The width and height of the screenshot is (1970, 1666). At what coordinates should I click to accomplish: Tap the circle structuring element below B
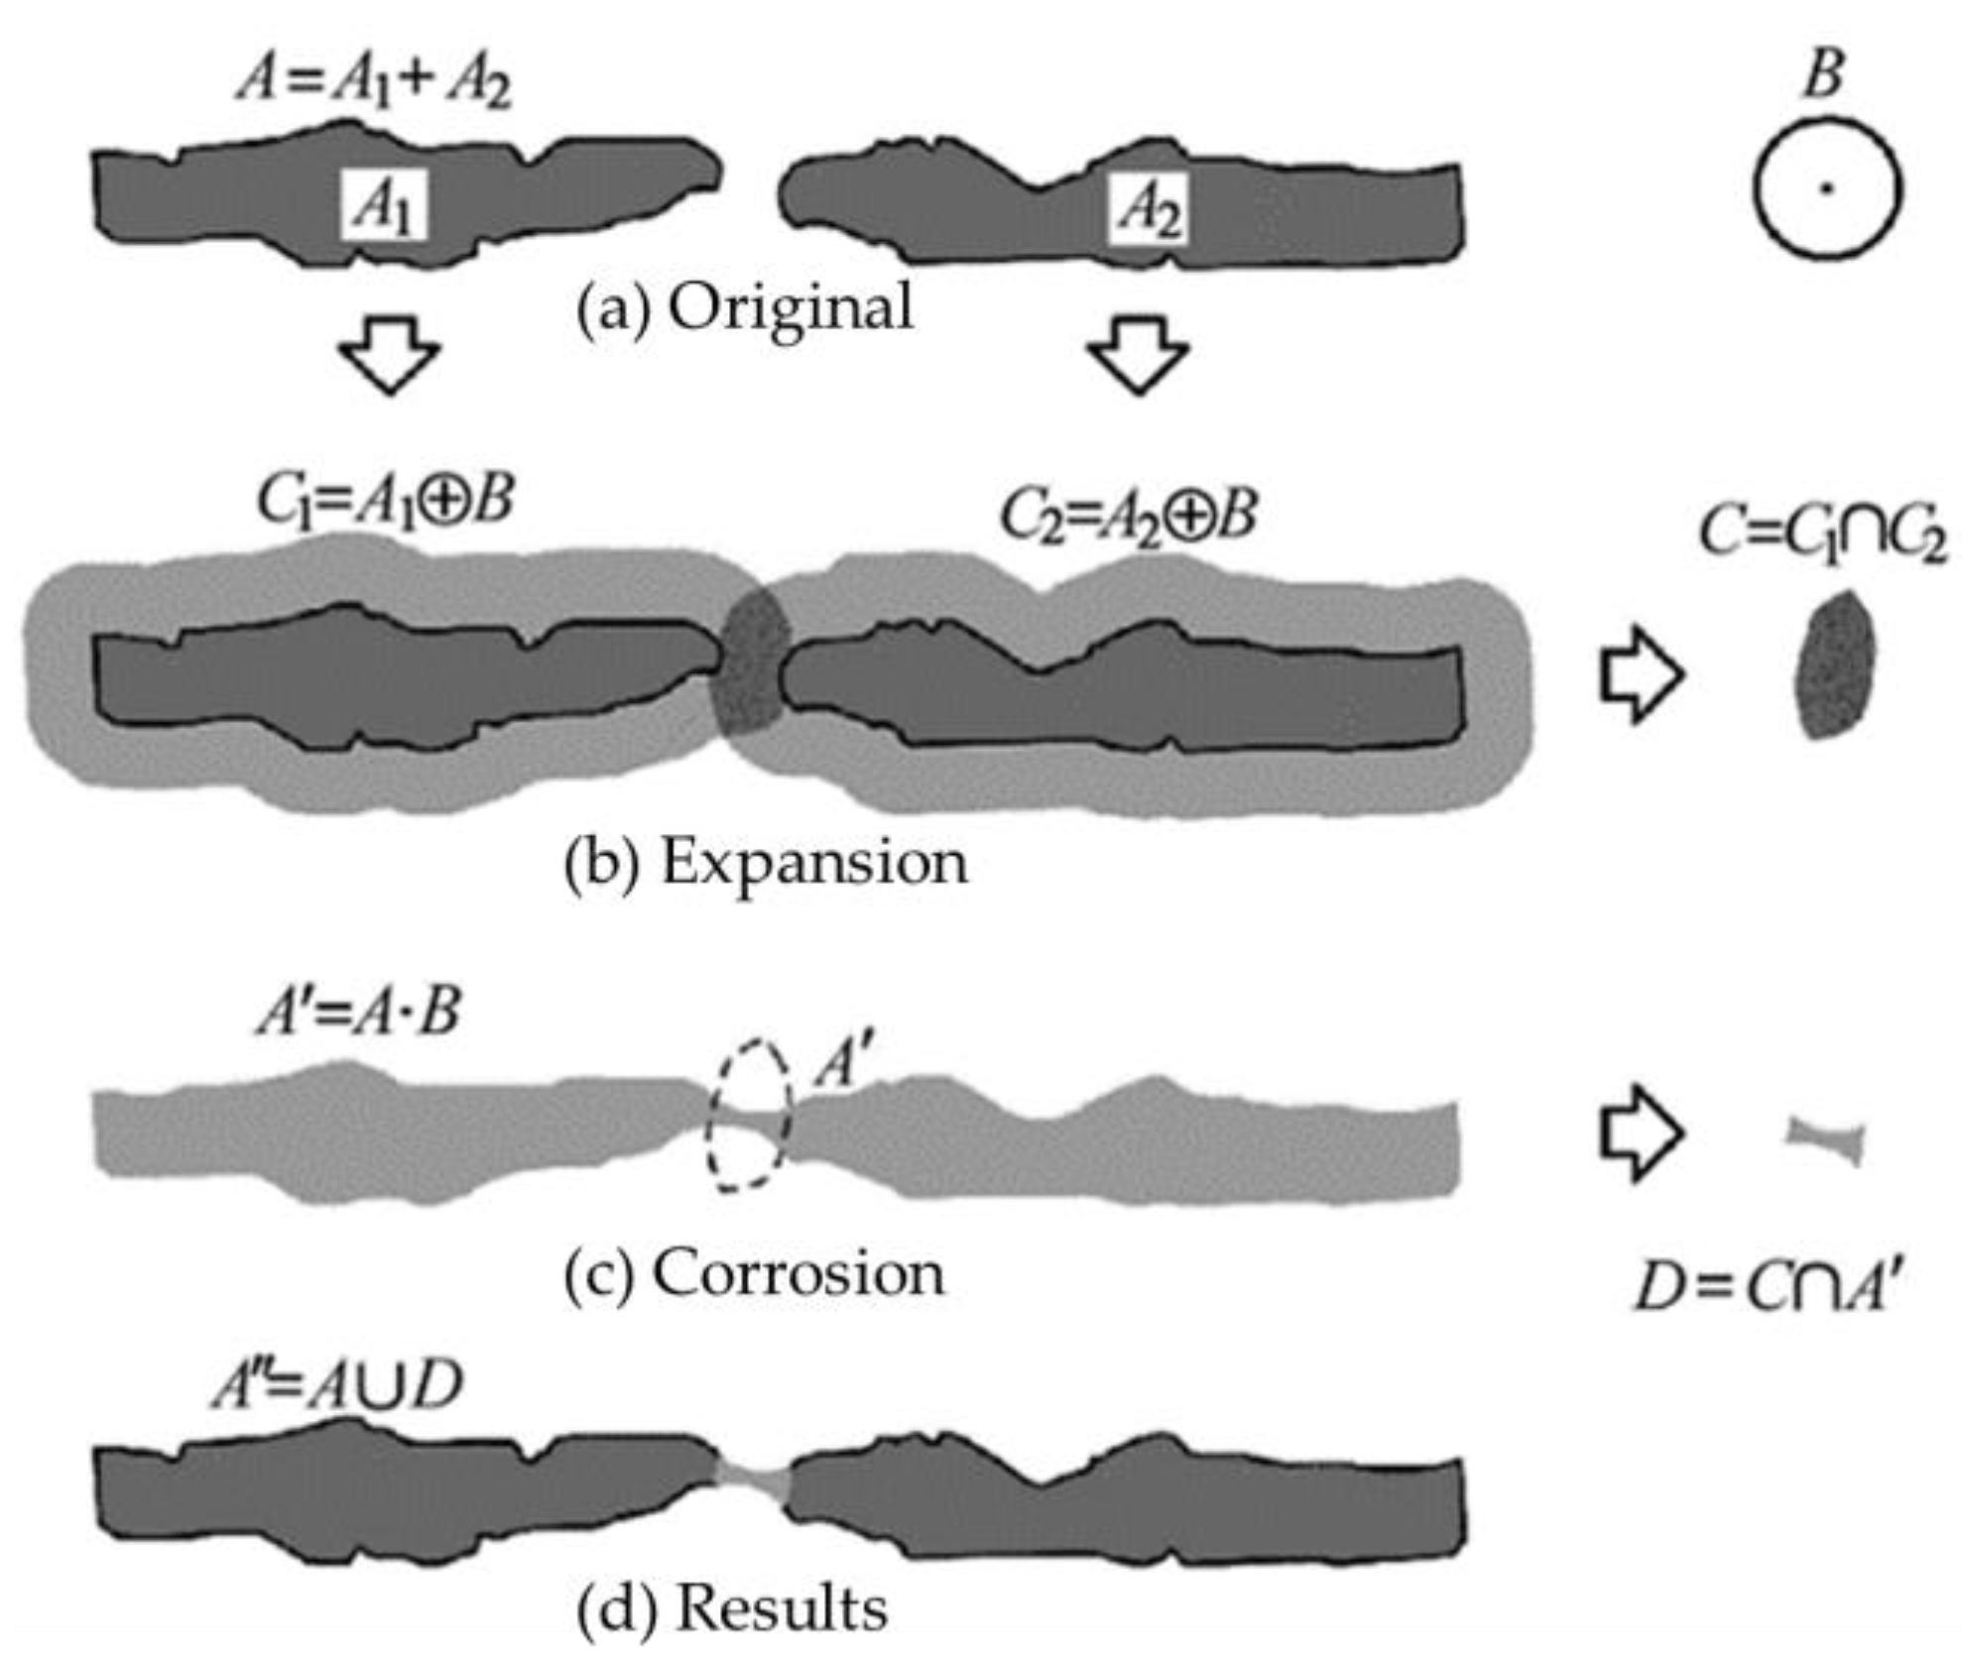[x=1827, y=188]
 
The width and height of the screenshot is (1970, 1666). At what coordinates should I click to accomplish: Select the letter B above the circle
[x=1823, y=75]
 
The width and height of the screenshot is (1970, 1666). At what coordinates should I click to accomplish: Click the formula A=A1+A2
[x=374, y=81]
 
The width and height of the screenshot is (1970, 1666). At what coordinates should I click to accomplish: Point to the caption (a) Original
[x=745, y=306]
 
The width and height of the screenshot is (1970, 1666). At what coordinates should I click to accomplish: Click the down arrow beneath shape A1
[x=389, y=355]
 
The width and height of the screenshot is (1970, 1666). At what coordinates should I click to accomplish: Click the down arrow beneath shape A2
[x=1138, y=355]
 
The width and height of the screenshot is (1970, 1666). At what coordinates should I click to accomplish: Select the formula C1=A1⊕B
[x=385, y=499]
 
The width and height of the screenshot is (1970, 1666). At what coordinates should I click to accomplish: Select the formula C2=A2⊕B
[x=1128, y=516]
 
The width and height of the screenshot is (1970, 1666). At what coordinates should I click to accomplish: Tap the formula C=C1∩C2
[x=1823, y=535]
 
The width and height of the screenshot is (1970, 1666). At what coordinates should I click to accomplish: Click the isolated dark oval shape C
[x=1835, y=664]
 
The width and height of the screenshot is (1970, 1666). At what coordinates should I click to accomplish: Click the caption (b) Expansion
[x=766, y=863]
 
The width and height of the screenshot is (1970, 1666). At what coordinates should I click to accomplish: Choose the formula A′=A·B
[x=359, y=1011]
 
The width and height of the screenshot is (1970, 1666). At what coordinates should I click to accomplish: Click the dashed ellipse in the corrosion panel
[x=750, y=1113]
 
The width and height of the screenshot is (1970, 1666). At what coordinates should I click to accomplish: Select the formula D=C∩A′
[x=1769, y=1289]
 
